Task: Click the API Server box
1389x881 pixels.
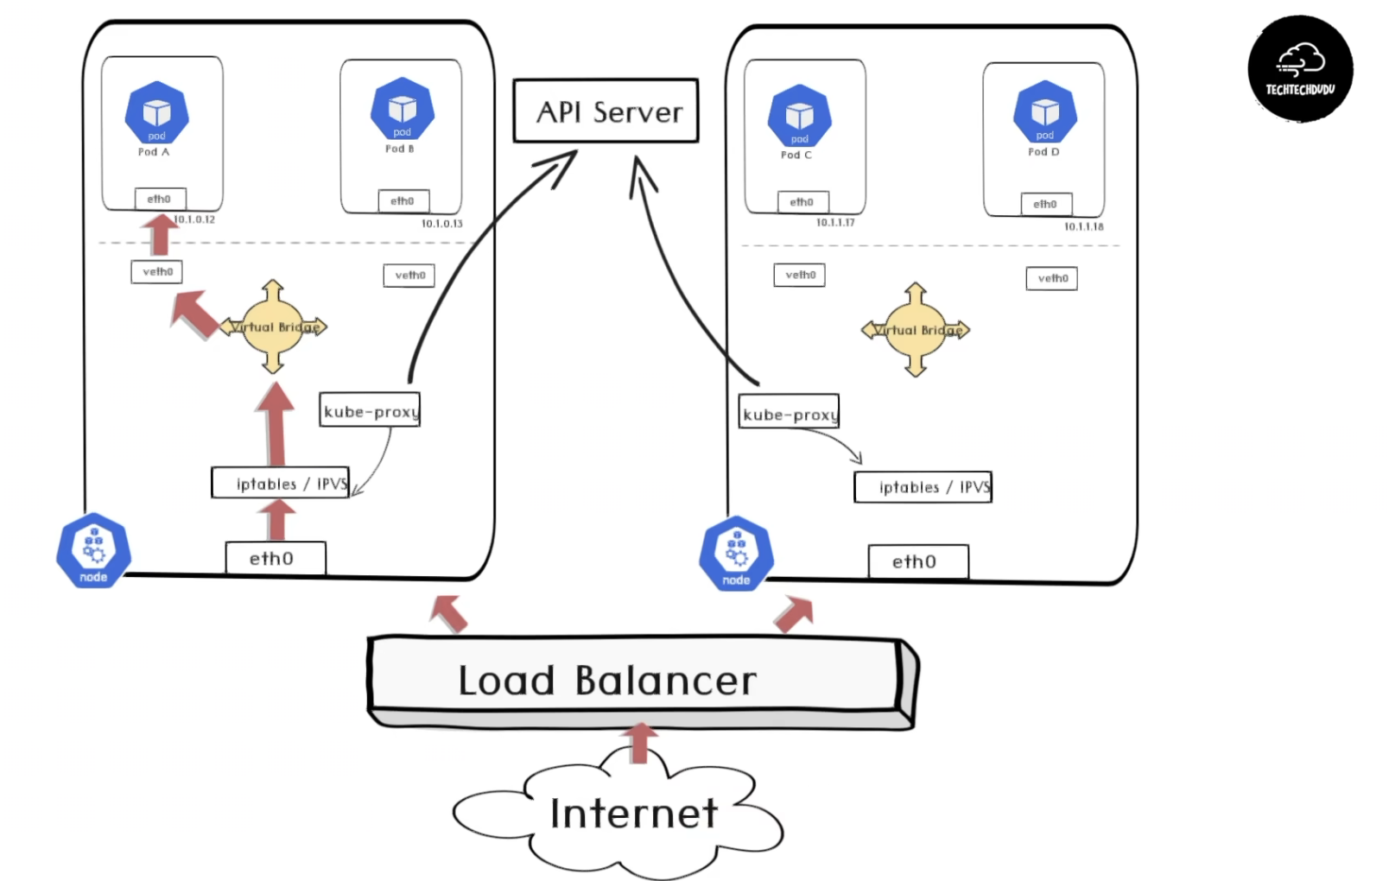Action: pos(606,111)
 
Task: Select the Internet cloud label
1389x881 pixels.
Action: pos(633,814)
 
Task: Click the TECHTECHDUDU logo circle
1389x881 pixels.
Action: pos(1299,68)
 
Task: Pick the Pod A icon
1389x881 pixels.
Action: pos(156,113)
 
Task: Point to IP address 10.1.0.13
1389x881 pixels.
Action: pos(441,224)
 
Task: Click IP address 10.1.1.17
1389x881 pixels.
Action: pos(835,223)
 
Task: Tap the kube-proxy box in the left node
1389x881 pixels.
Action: pos(370,410)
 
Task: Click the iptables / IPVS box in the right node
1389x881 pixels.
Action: pos(923,487)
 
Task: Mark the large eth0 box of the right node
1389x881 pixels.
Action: pos(918,561)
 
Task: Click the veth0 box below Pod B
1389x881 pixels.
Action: pos(409,276)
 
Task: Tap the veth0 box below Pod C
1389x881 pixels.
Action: pos(799,276)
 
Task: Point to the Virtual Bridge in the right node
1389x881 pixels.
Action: pos(916,330)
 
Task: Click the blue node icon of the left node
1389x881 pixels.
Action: pos(93,551)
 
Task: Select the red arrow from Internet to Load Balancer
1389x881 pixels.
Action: pos(639,744)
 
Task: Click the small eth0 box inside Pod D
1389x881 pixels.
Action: pos(1044,205)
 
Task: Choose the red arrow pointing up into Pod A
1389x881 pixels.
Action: pos(160,234)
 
